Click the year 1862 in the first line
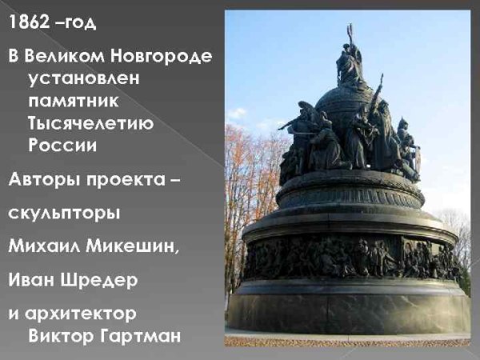click(30, 23)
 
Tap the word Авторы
click(41, 180)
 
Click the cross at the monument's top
click(350, 33)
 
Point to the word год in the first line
click(79, 23)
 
